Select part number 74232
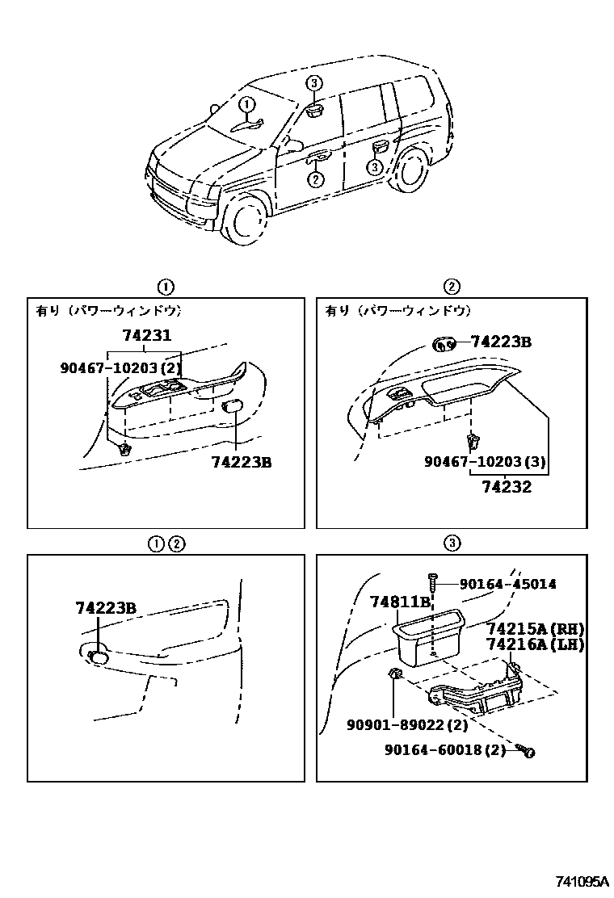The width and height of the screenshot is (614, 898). pyautogui.click(x=507, y=486)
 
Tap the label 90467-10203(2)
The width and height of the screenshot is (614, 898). pyautogui.click(x=120, y=367)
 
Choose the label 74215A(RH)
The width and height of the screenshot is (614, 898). pyautogui.click(x=535, y=629)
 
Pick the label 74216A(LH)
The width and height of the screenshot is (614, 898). pyautogui.click(x=535, y=644)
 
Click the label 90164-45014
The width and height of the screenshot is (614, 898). pyautogui.click(x=507, y=584)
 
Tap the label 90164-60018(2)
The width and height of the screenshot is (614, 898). pyautogui.click(x=445, y=750)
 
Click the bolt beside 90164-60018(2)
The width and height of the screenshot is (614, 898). pyautogui.click(x=526, y=752)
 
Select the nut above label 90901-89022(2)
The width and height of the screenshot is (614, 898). pyautogui.click(x=395, y=674)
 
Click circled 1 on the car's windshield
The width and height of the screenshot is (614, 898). pyautogui.click(x=247, y=103)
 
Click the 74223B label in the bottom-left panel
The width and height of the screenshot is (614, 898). pyautogui.click(x=106, y=608)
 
